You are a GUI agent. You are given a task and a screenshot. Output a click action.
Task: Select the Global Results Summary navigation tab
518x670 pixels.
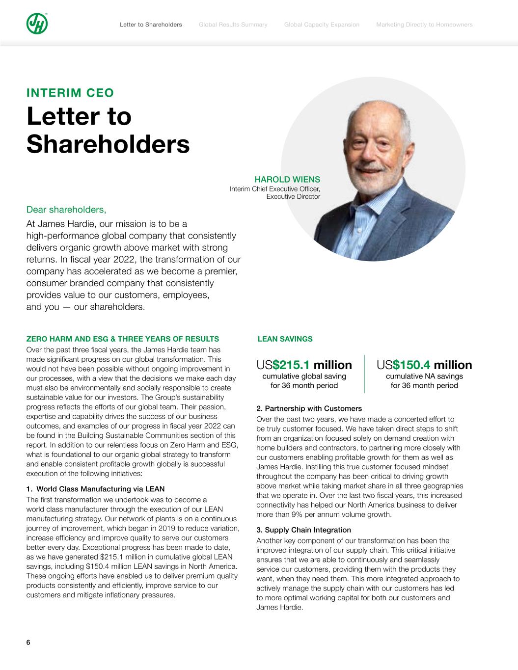coord(233,25)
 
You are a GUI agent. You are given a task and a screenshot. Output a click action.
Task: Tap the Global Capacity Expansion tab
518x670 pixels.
coord(322,25)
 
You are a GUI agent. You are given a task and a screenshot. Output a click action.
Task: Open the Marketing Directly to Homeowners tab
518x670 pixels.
coord(424,25)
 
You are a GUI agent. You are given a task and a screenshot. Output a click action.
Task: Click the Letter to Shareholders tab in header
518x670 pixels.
coord(151,25)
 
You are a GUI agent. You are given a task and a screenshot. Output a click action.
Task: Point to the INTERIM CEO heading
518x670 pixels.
coord(70,93)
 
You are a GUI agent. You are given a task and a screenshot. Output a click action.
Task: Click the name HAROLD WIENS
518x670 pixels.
coord(287,180)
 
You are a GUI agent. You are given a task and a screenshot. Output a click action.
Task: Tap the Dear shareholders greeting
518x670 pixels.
coord(66,210)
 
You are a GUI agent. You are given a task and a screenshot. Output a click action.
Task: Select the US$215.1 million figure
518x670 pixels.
coord(304,365)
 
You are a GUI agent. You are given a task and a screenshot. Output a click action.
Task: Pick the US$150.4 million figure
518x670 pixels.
coord(424,365)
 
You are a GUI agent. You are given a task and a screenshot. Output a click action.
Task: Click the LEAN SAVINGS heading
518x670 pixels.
coord(285,339)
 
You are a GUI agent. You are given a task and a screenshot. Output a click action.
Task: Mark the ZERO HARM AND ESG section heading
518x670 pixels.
coord(122,339)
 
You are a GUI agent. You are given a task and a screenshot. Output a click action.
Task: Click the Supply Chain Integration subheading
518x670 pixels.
coord(303,530)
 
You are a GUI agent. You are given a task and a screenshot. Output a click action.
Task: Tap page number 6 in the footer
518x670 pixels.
coord(28,643)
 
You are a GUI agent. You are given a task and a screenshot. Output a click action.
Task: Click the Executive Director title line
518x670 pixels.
coord(293,197)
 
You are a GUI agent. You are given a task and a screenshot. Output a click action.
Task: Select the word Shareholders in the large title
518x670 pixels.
coord(108,144)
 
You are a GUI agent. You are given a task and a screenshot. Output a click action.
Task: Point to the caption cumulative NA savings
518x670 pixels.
coord(424,376)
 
